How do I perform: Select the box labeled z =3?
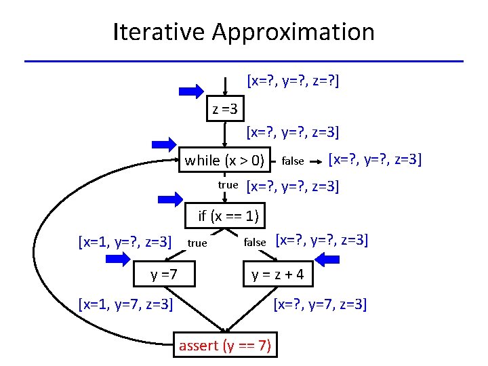[x=224, y=108]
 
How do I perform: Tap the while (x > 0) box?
[x=224, y=161]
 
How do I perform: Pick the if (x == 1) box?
[x=226, y=216]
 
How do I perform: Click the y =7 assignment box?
[x=165, y=274]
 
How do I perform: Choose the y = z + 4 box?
[x=278, y=275]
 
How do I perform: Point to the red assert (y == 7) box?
[x=224, y=346]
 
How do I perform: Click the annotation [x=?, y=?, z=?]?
[x=293, y=82]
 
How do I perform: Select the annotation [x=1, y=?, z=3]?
[x=125, y=241]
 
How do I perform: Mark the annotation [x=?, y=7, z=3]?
[x=320, y=305]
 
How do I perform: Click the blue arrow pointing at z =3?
[x=191, y=91]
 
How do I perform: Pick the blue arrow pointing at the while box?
[x=163, y=143]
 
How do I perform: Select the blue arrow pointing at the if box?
[x=171, y=199]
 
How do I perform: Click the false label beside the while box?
[x=292, y=161]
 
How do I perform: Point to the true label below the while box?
[x=228, y=184]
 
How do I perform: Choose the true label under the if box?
[x=197, y=243]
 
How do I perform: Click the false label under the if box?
[x=255, y=242]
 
